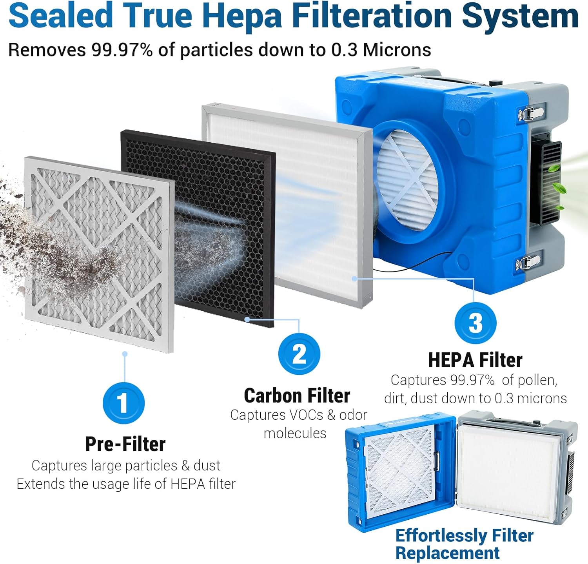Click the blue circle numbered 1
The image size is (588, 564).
coord(123,403)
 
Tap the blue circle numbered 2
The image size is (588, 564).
coord(299,354)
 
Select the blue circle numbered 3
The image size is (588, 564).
coord(475,323)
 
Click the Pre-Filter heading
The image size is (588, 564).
coord(125,444)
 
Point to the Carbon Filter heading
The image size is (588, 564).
coord(297,395)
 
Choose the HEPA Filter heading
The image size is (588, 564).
coord(475,360)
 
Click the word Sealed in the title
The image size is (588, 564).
coord(60,16)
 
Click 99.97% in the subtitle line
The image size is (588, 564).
coord(122,50)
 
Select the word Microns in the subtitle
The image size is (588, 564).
coord(397,50)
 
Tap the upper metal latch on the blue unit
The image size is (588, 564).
coord(531,114)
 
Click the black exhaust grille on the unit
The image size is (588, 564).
coord(546,182)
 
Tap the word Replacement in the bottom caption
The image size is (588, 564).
coord(447,553)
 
